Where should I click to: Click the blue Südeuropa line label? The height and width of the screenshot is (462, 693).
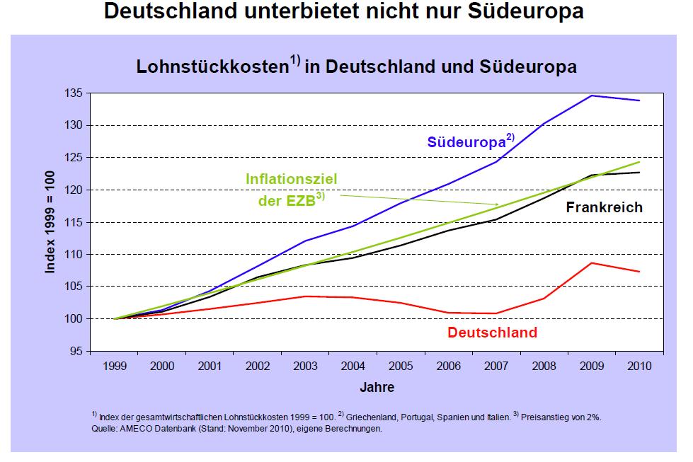pyautogui.click(x=464, y=142)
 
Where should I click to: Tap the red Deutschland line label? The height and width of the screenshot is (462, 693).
pyautogui.click(x=492, y=333)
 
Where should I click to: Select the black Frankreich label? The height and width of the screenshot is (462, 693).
pyautogui.click(x=604, y=207)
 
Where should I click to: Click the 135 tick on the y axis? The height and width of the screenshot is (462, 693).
pyautogui.click(x=73, y=93)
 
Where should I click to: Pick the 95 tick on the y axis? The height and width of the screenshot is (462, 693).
pyautogui.click(x=76, y=351)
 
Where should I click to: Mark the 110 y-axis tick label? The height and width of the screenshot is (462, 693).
pyautogui.click(x=73, y=255)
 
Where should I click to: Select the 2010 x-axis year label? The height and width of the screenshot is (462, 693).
pyautogui.click(x=638, y=366)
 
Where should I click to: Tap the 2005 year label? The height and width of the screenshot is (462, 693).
pyautogui.click(x=400, y=366)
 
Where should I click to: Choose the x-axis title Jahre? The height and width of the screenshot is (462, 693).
pyautogui.click(x=376, y=387)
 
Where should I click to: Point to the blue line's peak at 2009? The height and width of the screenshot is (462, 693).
pyautogui.click(x=591, y=96)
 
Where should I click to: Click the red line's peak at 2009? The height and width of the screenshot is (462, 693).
pyautogui.click(x=591, y=263)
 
